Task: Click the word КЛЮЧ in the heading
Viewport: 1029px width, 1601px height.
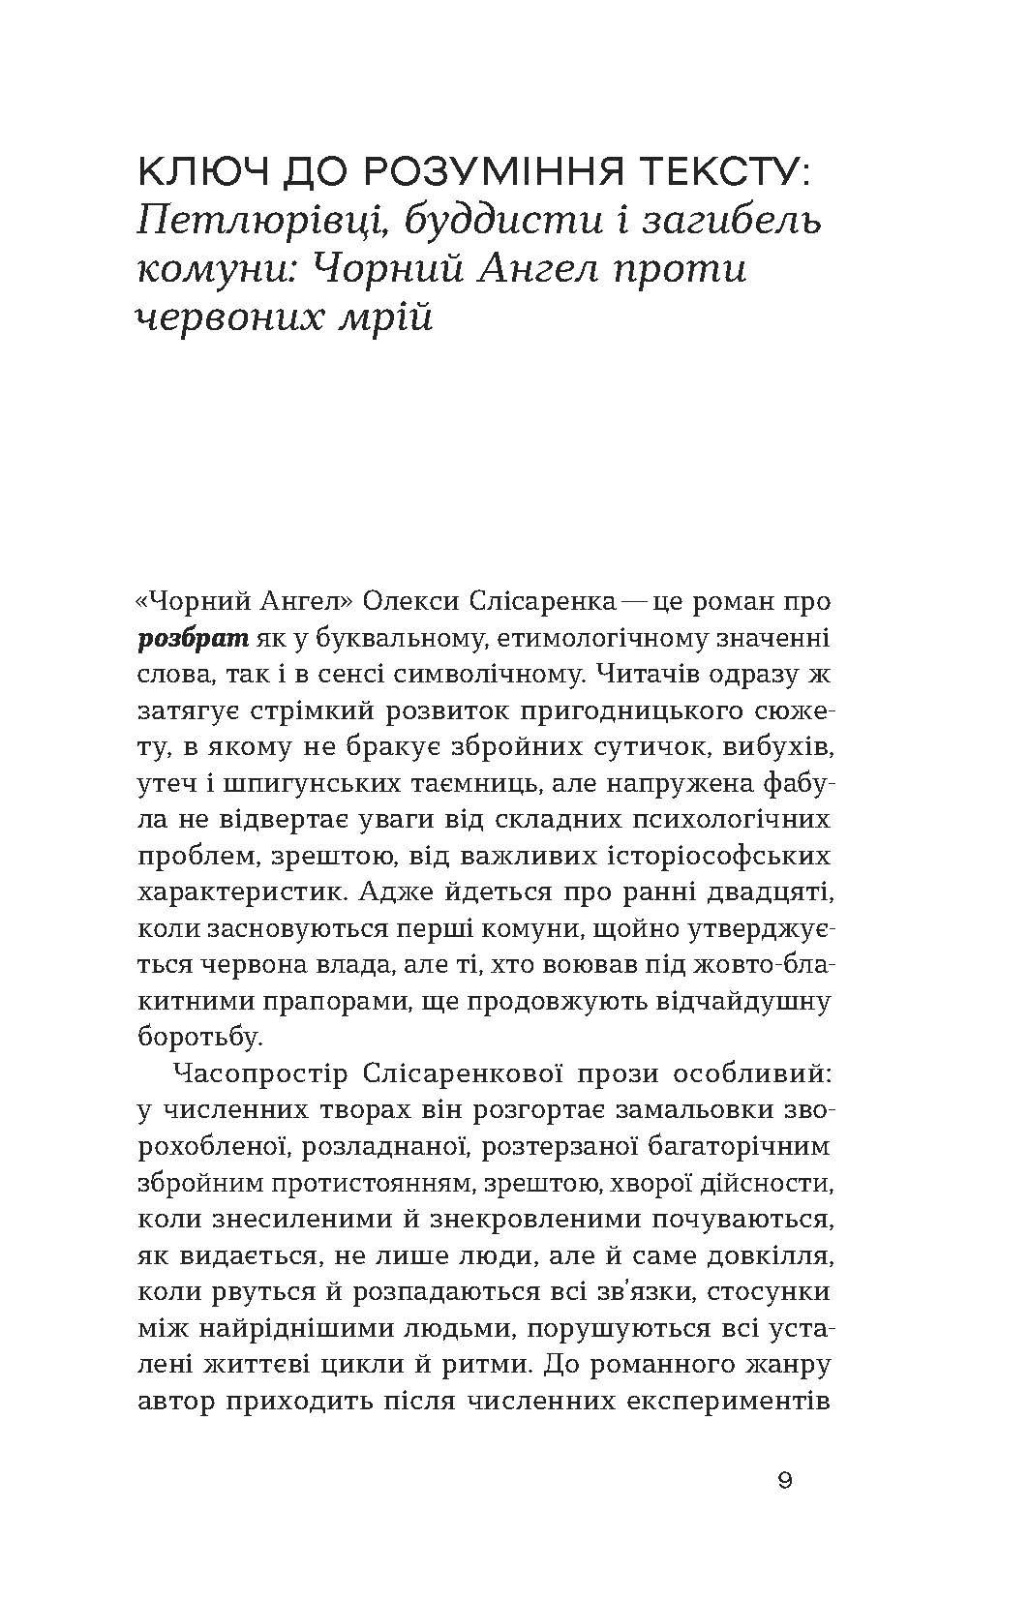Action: [201, 173]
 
